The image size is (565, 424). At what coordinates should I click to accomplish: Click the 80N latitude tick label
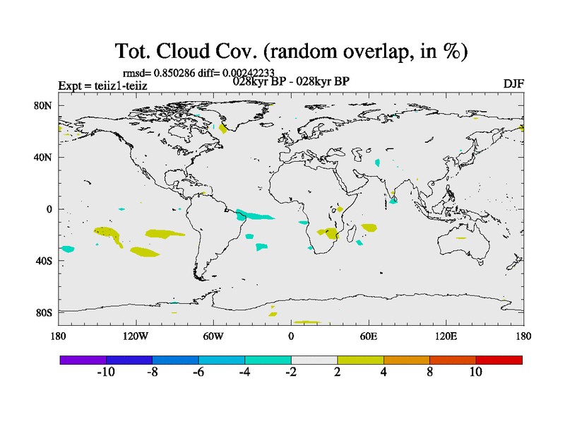coord(43,105)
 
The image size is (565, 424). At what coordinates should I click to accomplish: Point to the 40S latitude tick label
coord(44,261)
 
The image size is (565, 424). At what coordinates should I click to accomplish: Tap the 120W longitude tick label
coord(136,336)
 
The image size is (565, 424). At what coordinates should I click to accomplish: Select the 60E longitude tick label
coord(369,336)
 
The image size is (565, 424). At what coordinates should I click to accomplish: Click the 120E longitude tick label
coord(446,336)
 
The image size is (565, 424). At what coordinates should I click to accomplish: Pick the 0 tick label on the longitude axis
coord(291,336)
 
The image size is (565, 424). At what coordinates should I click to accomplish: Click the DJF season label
coord(513,84)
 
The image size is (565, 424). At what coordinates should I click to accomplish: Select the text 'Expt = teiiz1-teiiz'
coord(102,86)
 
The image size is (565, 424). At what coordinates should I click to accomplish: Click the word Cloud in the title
coord(183,51)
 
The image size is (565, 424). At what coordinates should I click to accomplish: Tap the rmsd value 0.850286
coord(174,73)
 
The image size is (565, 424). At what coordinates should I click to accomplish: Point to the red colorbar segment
coord(499,360)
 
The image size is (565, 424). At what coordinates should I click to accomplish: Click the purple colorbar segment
coord(83,360)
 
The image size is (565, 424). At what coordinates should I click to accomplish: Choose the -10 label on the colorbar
coord(106,372)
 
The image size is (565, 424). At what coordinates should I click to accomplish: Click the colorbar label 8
coord(429,372)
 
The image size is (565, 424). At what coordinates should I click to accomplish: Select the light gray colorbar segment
coord(314,360)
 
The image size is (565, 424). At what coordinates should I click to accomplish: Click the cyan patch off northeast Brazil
coord(254,215)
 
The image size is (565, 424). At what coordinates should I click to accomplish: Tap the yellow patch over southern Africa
coord(329,233)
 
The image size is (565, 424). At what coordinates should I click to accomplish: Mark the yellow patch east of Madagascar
coord(369,228)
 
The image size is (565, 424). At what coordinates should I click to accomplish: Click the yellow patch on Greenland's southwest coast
coord(222,129)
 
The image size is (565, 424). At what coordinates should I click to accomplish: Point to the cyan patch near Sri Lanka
coord(393,201)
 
